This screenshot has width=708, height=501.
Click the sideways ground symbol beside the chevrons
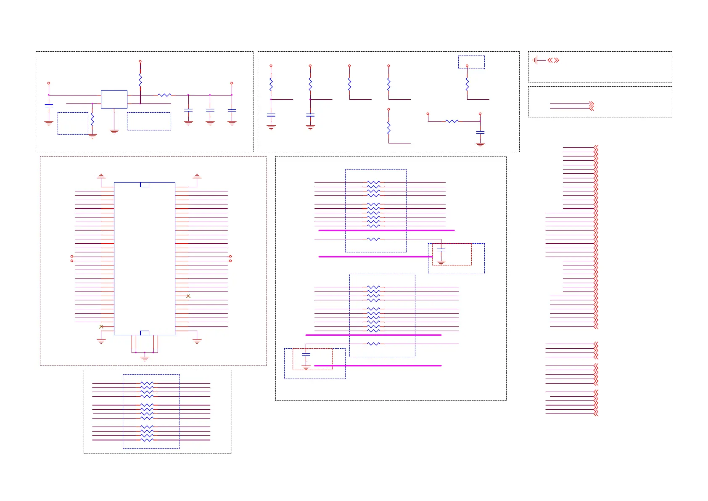pyautogui.click(x=535, y=60)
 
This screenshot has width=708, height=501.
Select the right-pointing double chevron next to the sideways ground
pyautogui.click(x=557, y=60)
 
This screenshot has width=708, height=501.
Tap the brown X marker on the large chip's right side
pyautogui.click(x=188, y=296)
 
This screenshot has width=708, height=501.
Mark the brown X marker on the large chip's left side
pyautogui.click(x=101, y=326)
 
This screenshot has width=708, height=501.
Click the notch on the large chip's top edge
pyautogui.click(x=145, y=185)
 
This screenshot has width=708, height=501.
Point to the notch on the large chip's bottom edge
pyautogui.click(x=145, y=333)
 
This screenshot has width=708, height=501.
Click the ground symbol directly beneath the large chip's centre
pyautogui.click(x=145, y=358)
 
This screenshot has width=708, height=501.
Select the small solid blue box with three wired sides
pyautogui.click(x=114, y=99)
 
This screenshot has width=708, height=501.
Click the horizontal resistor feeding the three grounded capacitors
pyautogui.click(x=164, y=95)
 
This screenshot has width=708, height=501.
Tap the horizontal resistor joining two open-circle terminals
pyautogui.click(x=452, y=121)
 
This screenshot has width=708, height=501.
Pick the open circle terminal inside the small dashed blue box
pyautogui.click(x=467, y=66)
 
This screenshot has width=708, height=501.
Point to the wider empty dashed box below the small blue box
pyautogui.click(x=149, y=121)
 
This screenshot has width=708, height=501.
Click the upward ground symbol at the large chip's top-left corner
pyautogui.click(x=101, y=176)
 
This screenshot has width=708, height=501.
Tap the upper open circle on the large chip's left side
pyautogui.click(x=72, y=256)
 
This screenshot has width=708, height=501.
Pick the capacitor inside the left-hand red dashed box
pyautogui.click(x=306, y=355)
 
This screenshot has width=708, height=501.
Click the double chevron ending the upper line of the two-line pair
pyautogui.click(x=591, y=103)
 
